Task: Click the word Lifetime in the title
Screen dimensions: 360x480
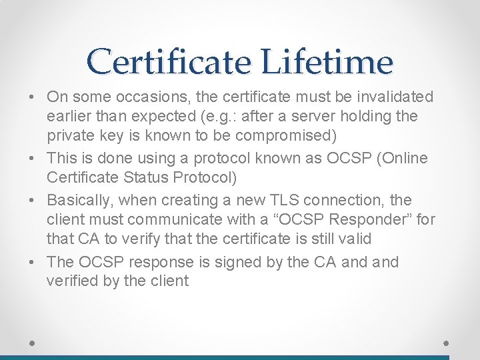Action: point(327,62)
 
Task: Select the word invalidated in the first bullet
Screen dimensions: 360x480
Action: point(394,97)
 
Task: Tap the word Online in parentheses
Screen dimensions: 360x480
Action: point(405,159)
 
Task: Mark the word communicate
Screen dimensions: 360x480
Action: point(171,219)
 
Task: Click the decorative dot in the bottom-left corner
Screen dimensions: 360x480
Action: point(33,341)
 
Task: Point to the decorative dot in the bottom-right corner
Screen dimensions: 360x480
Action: point(447,341)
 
